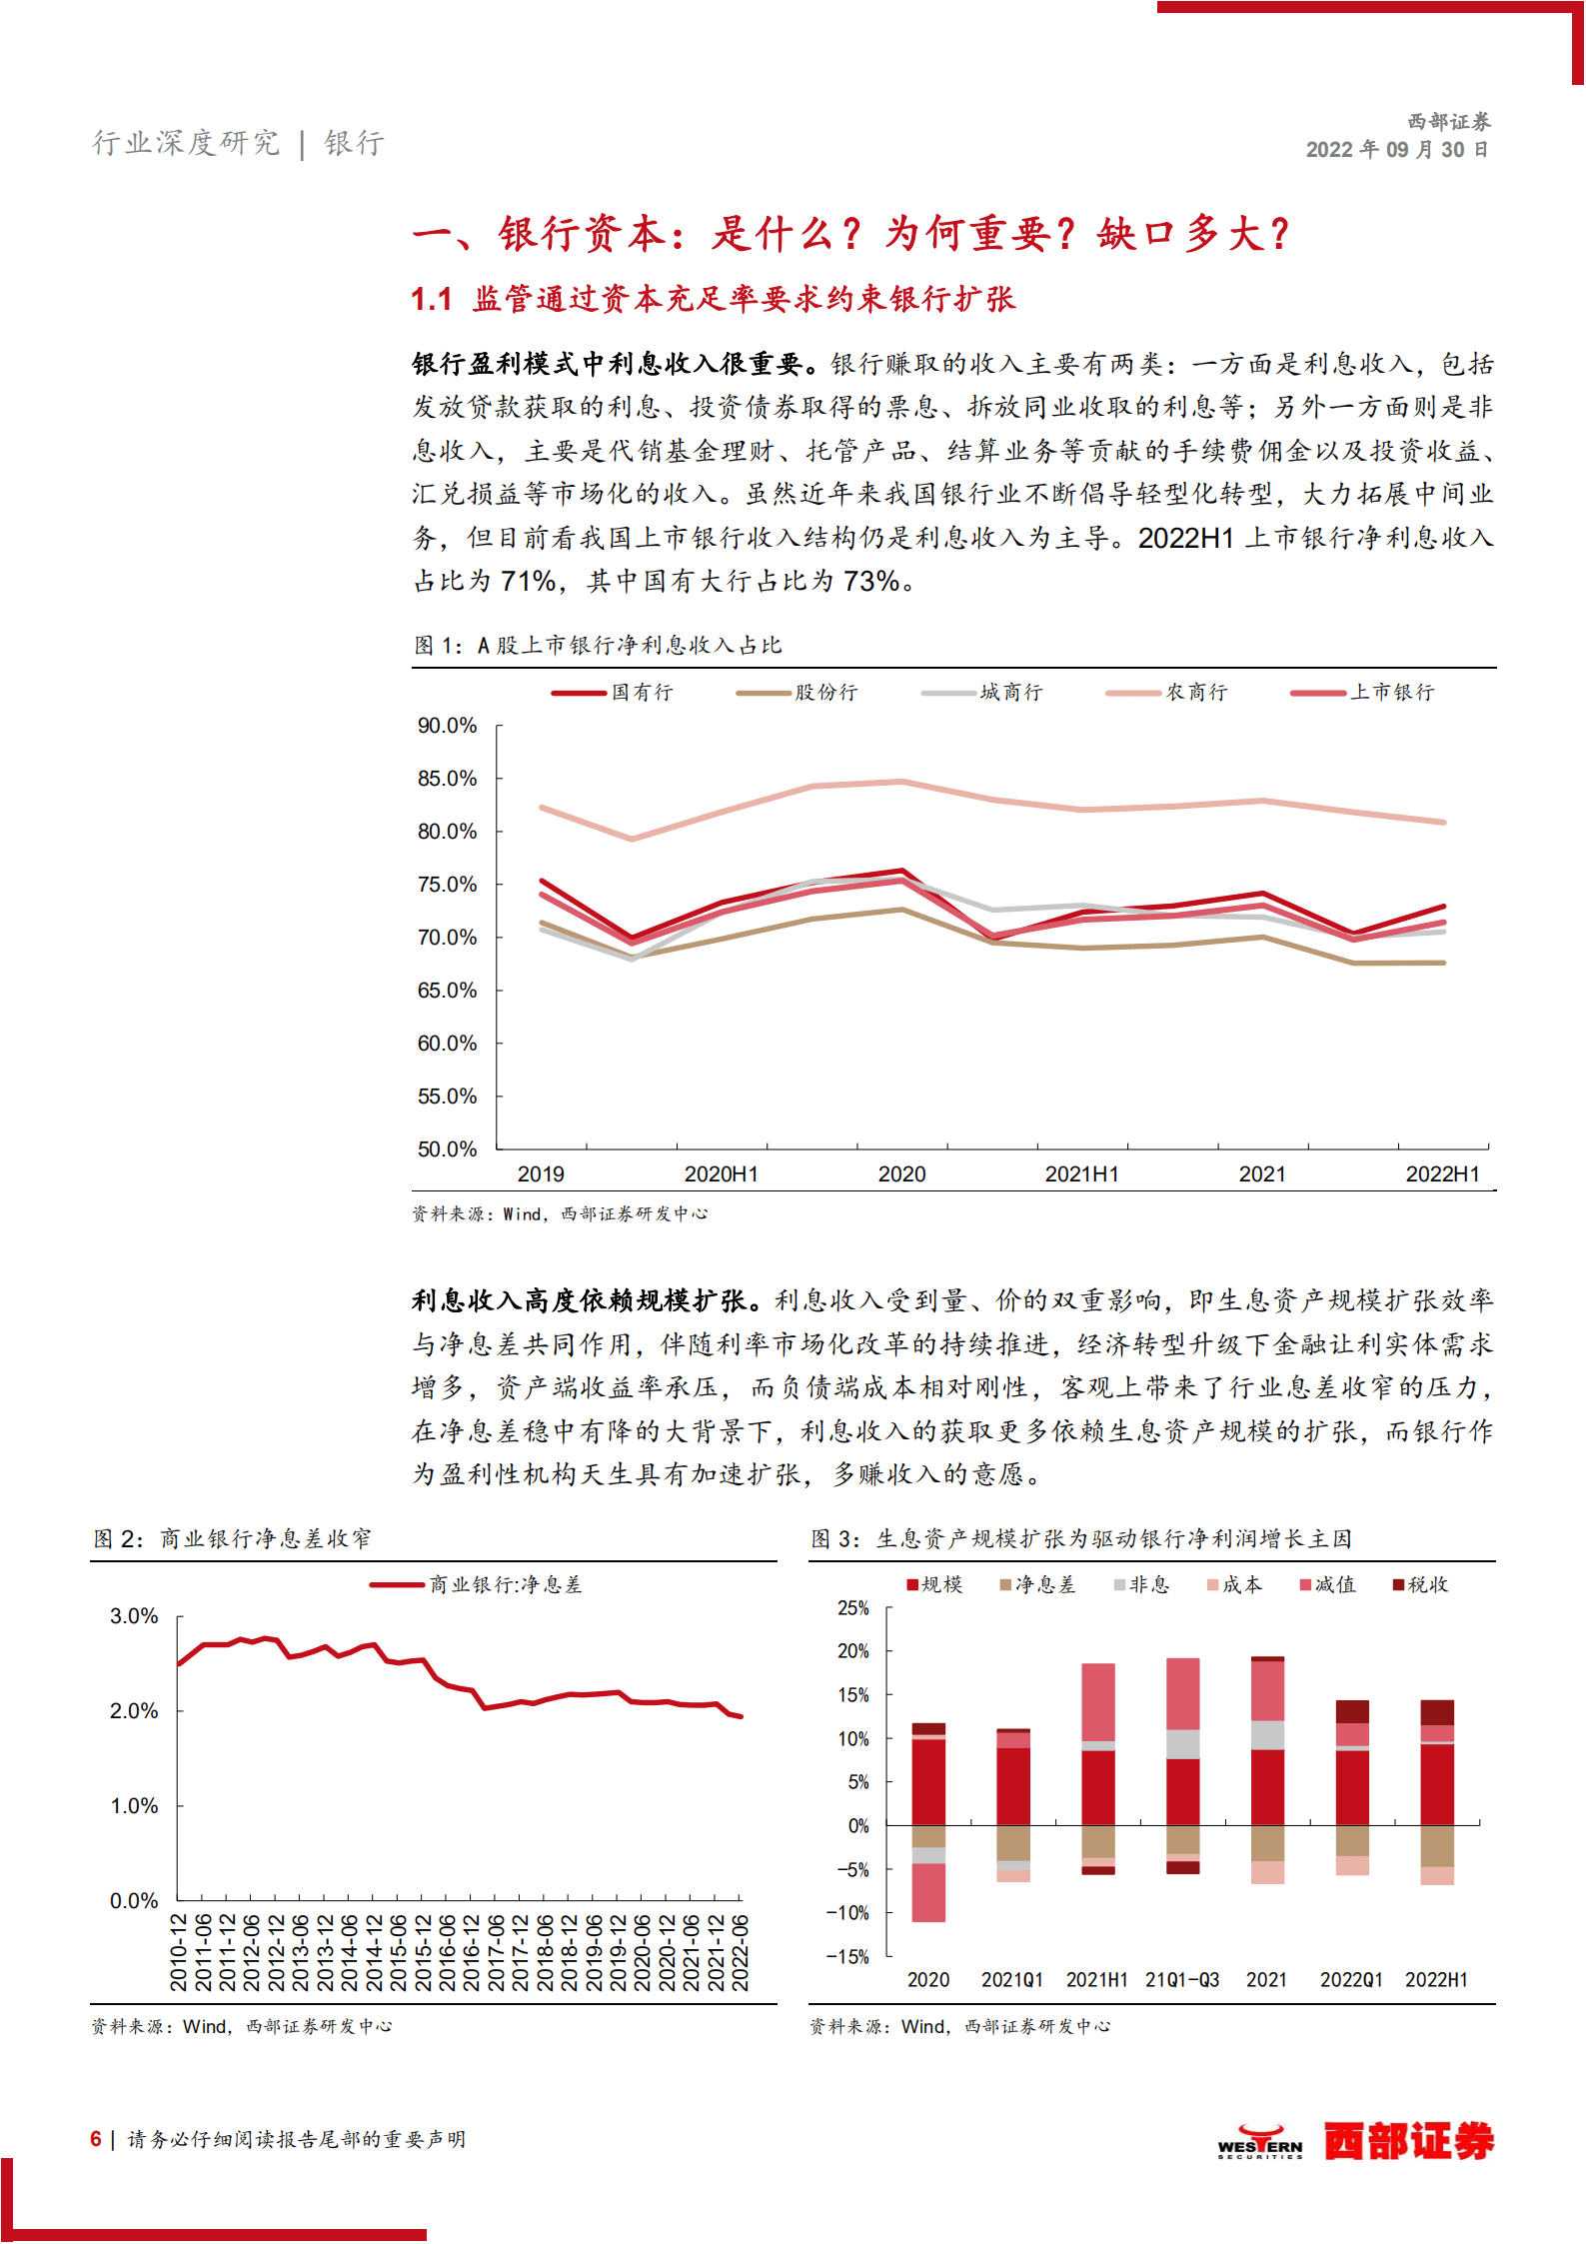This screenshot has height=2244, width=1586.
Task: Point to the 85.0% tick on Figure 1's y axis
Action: (447, 779)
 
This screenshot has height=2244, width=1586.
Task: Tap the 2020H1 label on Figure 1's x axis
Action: (721, 1174)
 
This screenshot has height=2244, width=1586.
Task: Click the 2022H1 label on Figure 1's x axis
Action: (1442, 1174)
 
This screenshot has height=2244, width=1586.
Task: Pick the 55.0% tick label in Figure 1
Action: (447, 1097)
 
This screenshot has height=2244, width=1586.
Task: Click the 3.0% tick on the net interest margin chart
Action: (134, 1616)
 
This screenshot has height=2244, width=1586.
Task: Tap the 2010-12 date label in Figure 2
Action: (179, 1952)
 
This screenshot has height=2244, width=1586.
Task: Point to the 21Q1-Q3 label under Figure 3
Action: (1182, 1980)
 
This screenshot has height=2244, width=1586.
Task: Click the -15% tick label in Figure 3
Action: (847, 1956)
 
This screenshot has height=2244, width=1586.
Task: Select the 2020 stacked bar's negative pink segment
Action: (928, 1892)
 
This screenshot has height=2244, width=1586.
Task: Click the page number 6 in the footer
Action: (96, 2139)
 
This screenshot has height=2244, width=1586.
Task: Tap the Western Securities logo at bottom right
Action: (1356, 2141)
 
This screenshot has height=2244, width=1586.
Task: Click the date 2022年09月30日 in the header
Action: (1397, 150)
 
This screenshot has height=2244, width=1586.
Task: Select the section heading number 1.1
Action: (432, 299)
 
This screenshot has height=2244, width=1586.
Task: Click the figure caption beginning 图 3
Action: (1080, 1538)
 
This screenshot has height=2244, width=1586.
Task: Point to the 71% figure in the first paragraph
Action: (528, 581)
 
